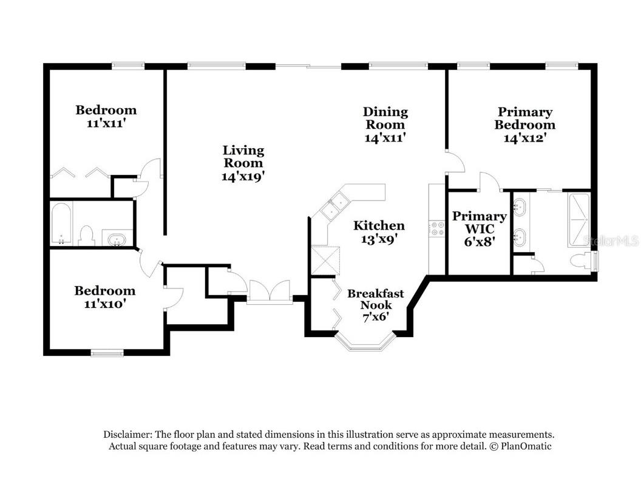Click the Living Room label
pos(243,156)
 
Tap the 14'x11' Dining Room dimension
pos(385,138)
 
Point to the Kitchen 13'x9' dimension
pos(379,240)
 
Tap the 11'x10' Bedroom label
pos(104,291)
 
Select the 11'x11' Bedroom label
pos(106,110)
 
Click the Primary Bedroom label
pos(524,118)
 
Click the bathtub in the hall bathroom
pos(61,223)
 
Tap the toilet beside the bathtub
pos(87,235)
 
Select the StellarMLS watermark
pos(611,241)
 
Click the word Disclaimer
pos(127,435)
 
